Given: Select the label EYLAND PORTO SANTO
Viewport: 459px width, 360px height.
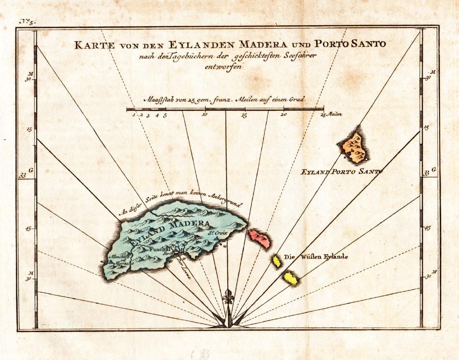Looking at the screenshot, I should point(341,171).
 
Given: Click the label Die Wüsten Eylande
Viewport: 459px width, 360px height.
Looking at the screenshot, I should point(316,257).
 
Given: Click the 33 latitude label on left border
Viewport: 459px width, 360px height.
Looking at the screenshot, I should point(23,176).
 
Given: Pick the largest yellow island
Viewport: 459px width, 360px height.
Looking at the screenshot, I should point(290,278).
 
